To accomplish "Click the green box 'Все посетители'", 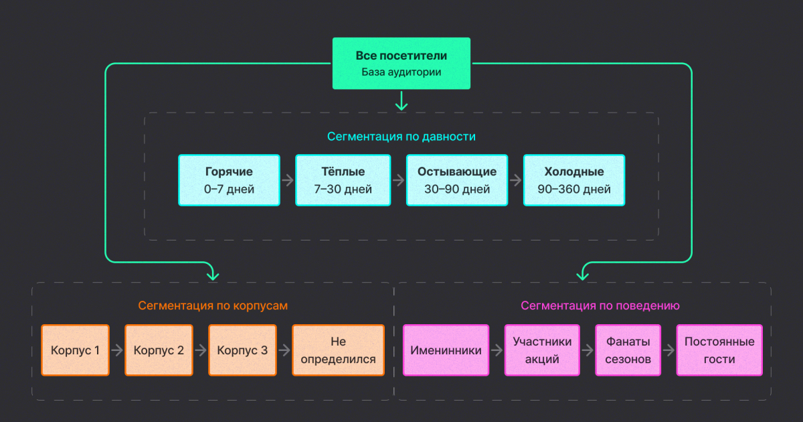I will [401, 64].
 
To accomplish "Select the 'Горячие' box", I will [229, 180].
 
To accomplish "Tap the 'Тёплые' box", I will [343, 180].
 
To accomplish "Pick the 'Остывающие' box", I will [456, 180].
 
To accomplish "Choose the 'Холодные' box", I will [573, 180].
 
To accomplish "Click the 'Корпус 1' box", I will [75, 350].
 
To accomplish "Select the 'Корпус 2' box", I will [159, 350].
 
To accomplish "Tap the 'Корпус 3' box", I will [242, 350].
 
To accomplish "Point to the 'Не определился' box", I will [338, 350].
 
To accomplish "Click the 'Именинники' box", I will [446, 350].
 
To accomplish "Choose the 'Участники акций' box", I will [542, 350].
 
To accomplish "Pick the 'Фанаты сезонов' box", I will [628, 350].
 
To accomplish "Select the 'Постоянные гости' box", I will [719, 350].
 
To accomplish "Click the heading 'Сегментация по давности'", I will [401, 137].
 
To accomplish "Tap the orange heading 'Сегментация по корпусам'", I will [213, 305].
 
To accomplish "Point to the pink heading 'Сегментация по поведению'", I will [600, 305].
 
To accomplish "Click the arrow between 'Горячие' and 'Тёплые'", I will [288, 180].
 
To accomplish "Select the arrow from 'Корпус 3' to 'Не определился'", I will [284, 350].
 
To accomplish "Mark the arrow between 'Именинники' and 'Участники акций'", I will [496, 350].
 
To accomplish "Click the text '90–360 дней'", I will [573, 190].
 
